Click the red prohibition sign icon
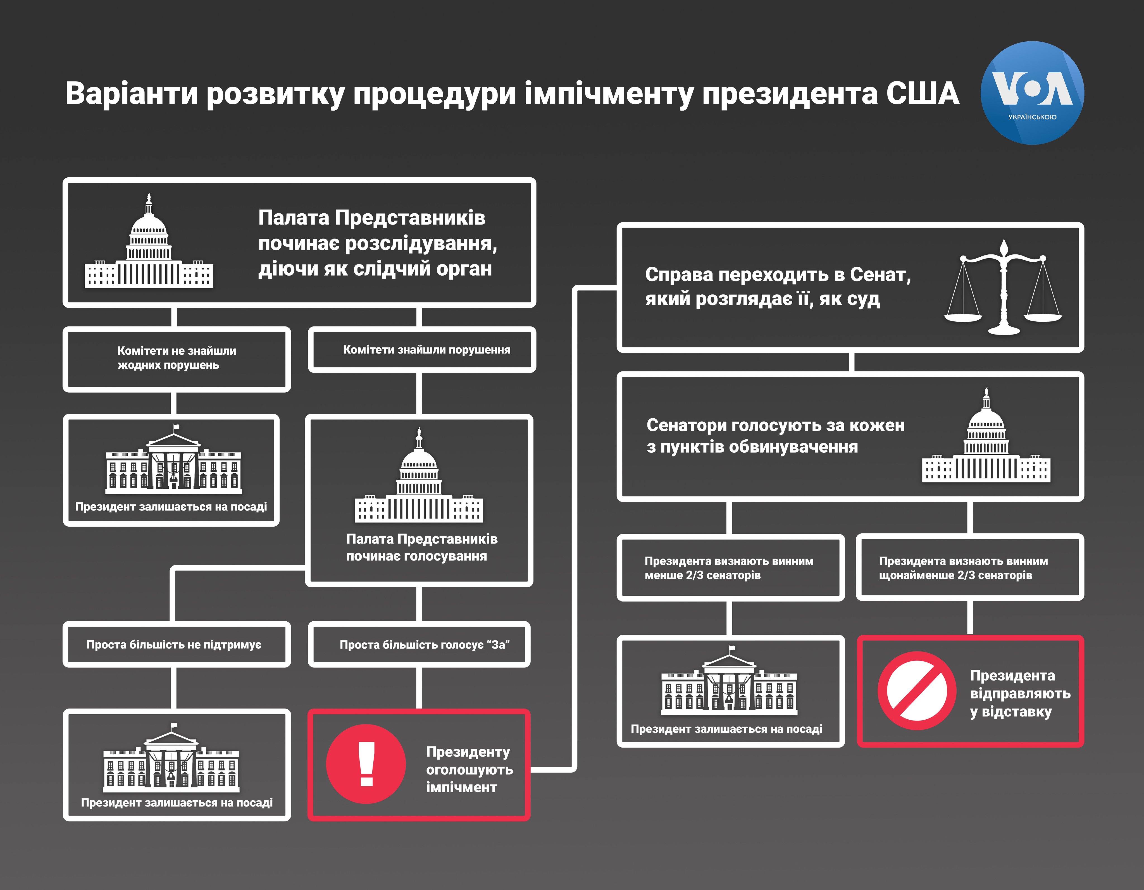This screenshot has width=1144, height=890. point(917,690)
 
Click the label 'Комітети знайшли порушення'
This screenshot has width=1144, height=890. point(426,350)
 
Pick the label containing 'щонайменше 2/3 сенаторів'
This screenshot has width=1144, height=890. point(963,568)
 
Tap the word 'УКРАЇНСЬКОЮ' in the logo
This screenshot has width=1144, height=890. point(1032,117)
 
